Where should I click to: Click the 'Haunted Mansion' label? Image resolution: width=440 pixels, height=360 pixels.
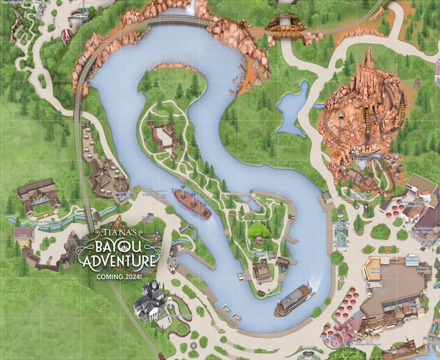(x=180, y=316)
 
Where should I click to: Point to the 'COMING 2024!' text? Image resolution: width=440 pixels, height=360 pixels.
(x=119, y=276)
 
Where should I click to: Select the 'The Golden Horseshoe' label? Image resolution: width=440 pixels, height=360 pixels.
(x=378, y=272)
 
